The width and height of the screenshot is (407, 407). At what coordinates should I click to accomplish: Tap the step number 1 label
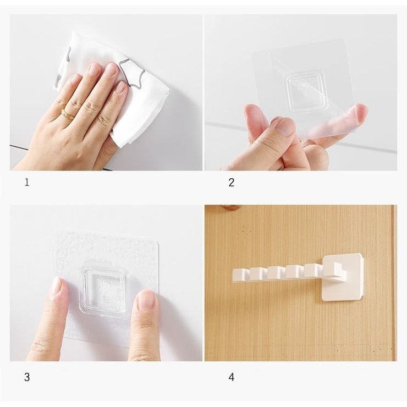tap(27, 183)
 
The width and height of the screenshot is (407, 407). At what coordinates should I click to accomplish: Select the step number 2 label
tap(231, 183)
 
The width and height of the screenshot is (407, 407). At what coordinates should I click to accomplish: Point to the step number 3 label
tap(27, 377)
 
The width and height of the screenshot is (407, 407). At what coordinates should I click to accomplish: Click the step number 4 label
tap(231, 377)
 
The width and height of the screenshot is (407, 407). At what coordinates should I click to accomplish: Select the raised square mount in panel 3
tap(103, 289)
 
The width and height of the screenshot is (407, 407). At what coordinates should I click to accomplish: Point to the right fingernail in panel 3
tap(146, 301)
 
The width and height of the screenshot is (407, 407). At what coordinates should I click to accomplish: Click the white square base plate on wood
tap(342, 277)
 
